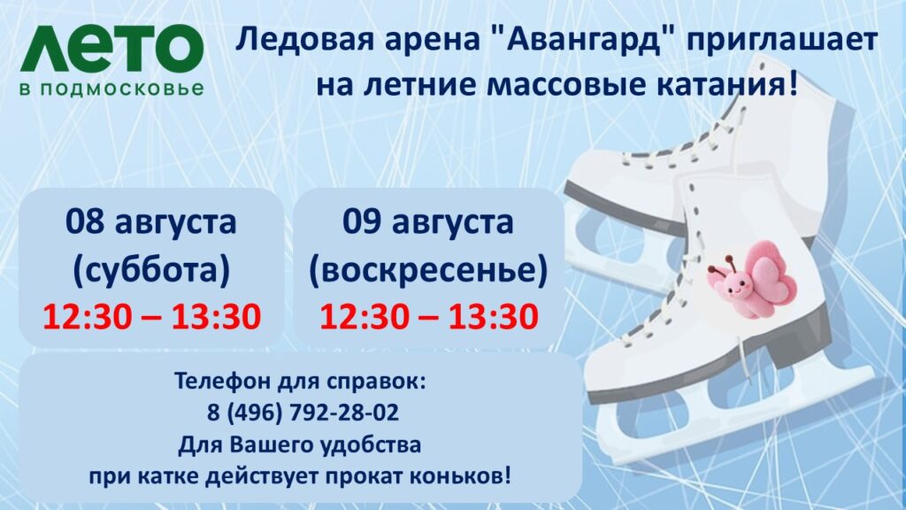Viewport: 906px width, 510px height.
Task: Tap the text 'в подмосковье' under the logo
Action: tap(111, 89)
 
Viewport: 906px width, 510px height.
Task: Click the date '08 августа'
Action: tap(150, 221)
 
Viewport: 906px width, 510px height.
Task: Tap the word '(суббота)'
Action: tap(151, 269)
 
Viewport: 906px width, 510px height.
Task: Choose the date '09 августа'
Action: tap(428, 221)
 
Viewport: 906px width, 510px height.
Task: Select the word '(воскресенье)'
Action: tap(428, 269)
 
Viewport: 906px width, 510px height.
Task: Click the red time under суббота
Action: tap(152, 316)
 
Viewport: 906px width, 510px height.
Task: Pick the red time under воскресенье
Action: tap(429, 316)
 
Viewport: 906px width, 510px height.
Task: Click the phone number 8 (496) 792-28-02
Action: tap(303, 413)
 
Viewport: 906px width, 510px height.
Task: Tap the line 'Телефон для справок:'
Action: tap(300, 382)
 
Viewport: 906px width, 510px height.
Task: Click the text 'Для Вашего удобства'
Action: tap(299, 444)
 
